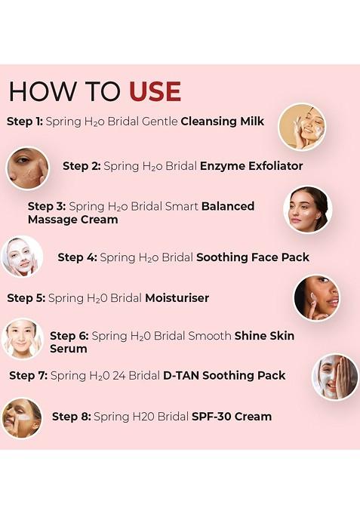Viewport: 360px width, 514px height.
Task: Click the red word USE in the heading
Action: pos(155,91)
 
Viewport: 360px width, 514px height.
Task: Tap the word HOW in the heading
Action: pos(38,91)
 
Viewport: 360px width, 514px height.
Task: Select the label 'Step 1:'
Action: pos(24,121)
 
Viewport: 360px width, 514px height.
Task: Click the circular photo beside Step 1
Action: pos(302,127)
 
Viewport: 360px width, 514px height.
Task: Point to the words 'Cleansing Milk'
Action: pos(223,121)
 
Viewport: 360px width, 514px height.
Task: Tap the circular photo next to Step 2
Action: pos(28,168)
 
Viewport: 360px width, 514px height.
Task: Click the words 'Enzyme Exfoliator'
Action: pos(251,165)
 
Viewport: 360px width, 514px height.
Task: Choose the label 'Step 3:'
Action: pos(46,206)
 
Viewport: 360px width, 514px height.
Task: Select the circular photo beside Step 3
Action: pos(308,209)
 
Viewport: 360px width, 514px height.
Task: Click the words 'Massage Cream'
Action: pos(73,220)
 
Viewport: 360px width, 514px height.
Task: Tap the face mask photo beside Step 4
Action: pos(22,257)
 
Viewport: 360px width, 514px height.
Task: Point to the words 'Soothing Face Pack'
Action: pos(253,257)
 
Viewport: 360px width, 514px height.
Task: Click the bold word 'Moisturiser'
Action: pos(177,298)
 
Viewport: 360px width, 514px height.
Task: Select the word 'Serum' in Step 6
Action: pos(68,349)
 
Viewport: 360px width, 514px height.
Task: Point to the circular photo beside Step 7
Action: pos(335,377)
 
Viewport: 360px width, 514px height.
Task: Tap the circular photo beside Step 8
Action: pos(22,417)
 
